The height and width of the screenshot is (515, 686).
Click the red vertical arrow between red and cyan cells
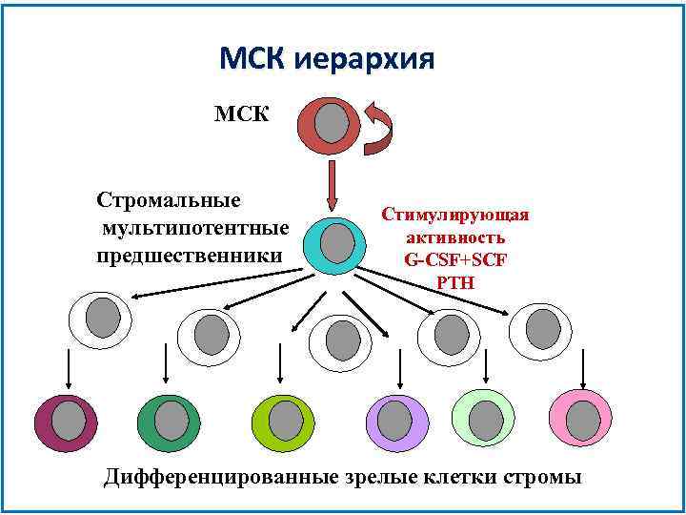[332, 185]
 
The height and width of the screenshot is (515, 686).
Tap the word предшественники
[190, 256]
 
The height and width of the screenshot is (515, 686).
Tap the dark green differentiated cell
[169, 419]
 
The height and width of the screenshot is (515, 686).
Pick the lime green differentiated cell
[282, 419]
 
